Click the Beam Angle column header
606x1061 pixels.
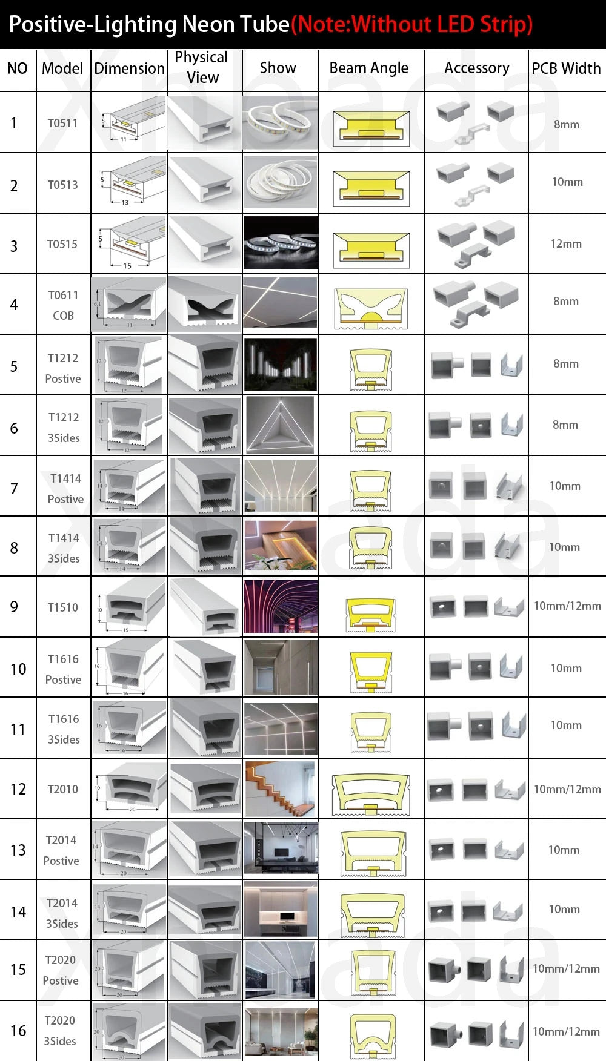[x=369, y=68]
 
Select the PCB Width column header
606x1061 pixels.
[x=566, y=68]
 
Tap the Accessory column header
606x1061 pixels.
[x=476, y=68]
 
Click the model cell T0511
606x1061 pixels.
[x=63, y=123]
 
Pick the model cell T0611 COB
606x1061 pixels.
[x=63, y=305]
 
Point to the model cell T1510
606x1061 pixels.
[x=63, y=607]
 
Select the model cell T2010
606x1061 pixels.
[x=63, y=789]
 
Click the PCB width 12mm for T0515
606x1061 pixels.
[x=566, y=244]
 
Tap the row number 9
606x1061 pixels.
[x=14, y=607]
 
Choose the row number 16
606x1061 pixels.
[x=18, y=1031]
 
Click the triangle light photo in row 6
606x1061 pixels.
[x=280, y=425]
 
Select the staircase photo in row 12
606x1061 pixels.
[x=280, y=788]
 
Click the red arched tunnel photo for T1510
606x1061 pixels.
[x=280, y=607]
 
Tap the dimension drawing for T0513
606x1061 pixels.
[x=129, y=183]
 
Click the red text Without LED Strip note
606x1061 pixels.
[x=412, y=24]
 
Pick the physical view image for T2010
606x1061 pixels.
[x=205, y=788]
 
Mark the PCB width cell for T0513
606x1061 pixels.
[x=567, y=182]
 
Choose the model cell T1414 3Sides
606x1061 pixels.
[x=64, y=547]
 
